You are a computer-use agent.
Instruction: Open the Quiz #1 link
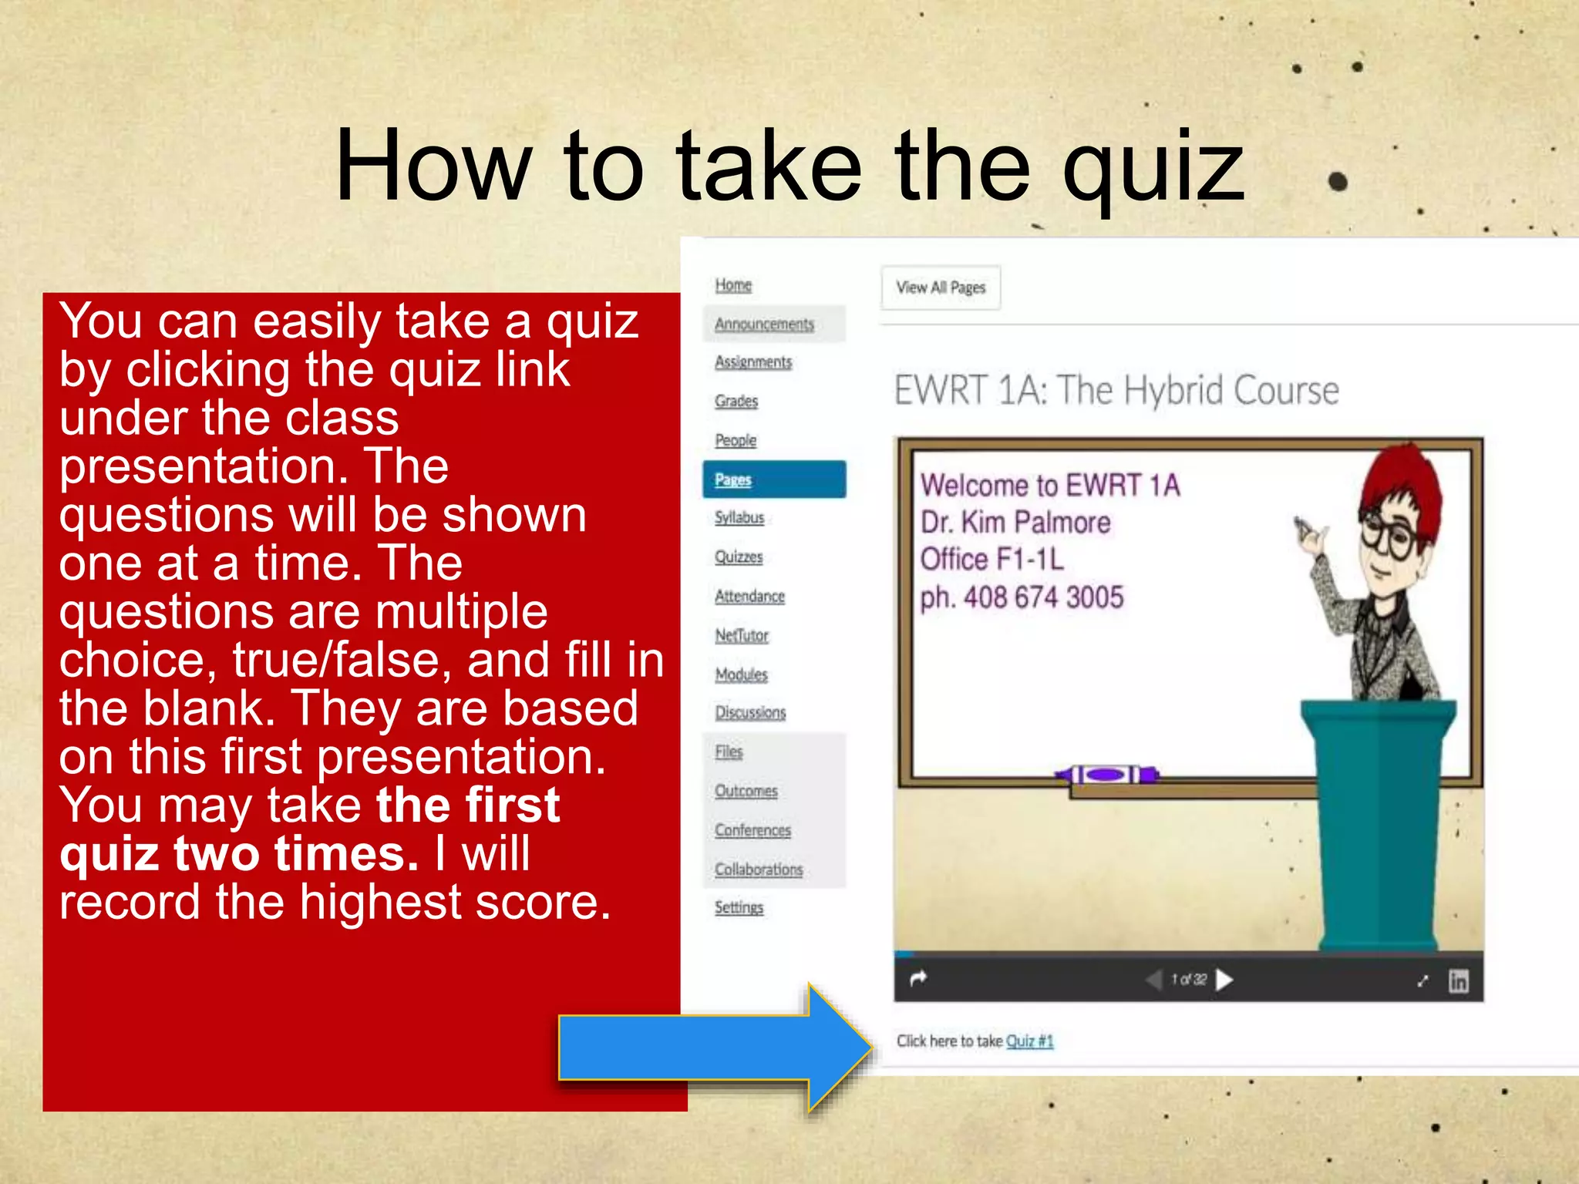(x=1029, y=1041)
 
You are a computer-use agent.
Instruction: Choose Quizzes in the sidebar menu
(x=739, y=557)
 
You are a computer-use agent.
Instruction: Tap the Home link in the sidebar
(x=733, y=285)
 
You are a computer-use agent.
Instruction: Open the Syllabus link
(x=739, y=517)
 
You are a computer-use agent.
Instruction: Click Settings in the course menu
(x=739, y=907)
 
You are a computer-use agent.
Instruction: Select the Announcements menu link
(x=764, y=325)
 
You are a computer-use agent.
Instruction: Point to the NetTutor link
(x=742, y=635)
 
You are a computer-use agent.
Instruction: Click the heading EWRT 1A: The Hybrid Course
(x=1116, y=390)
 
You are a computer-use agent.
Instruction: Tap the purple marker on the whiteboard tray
(x=1107, y=774)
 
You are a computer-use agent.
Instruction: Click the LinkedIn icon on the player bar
(x=1458, y=980)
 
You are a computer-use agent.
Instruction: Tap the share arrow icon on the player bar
(x=918, y=979)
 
